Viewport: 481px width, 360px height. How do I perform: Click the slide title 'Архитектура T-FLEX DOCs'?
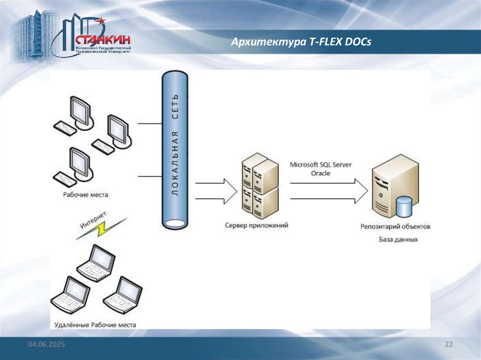301,42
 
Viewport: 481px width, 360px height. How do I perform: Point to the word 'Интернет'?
93,220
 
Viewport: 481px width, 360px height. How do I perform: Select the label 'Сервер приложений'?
256,226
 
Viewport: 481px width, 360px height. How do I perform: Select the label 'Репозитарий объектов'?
395,227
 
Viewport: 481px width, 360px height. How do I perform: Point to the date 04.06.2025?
46,345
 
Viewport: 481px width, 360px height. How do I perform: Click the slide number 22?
448,345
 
